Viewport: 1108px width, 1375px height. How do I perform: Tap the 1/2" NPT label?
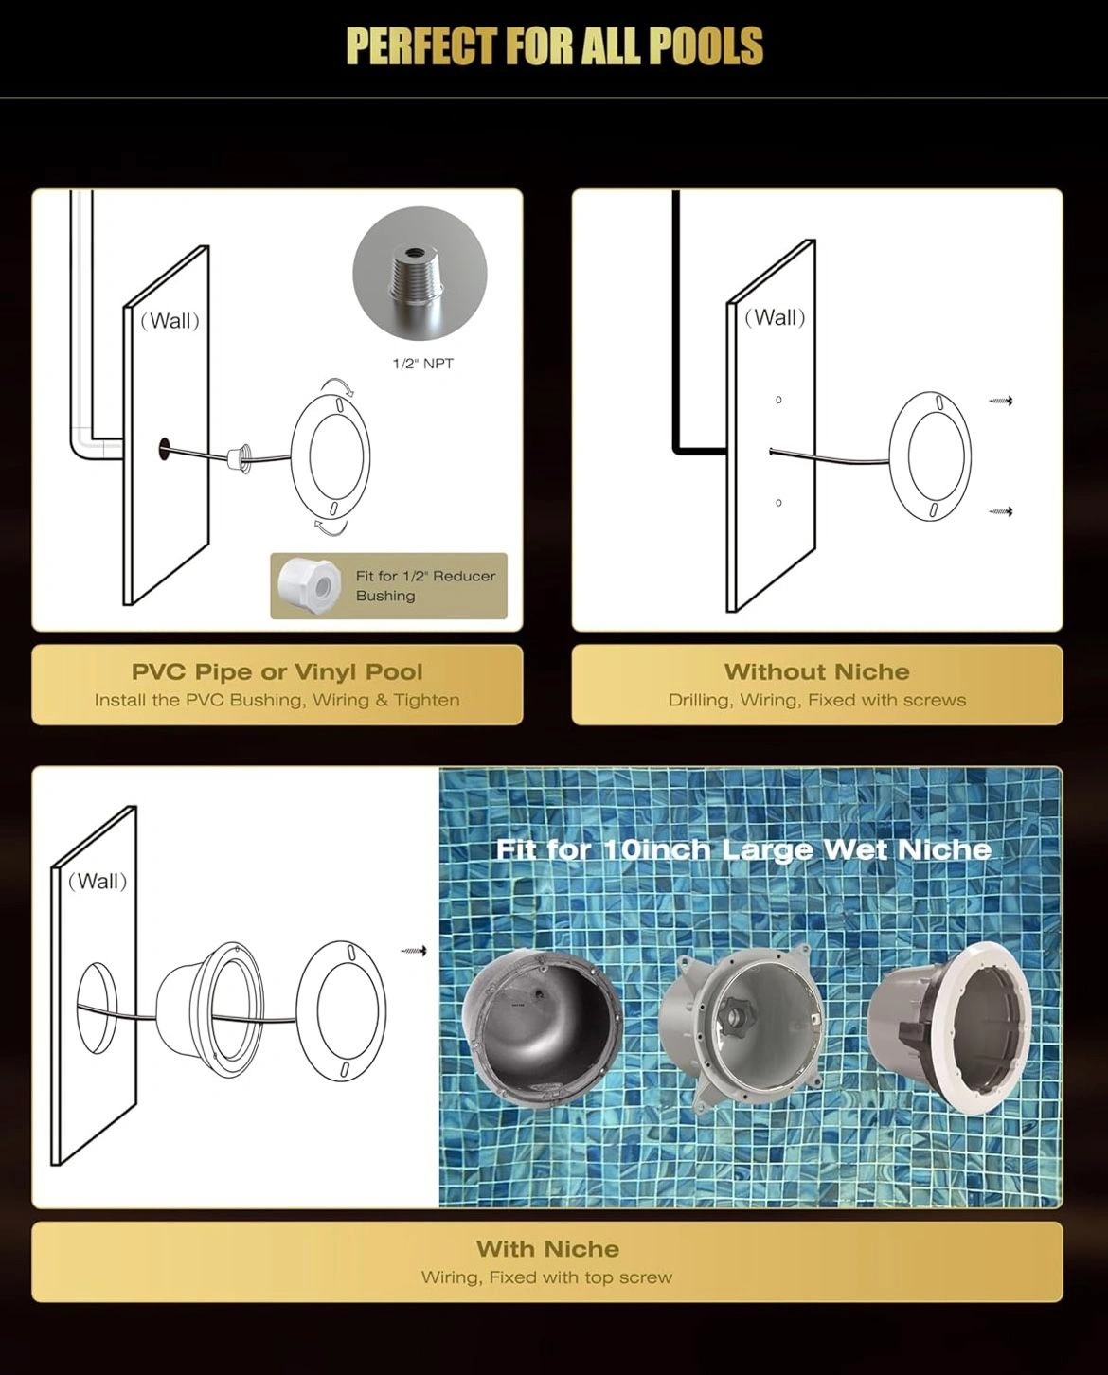pyautogui.click(x=423, y=364)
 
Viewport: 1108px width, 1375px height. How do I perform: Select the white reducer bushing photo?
pyautogui.click(x=310, y=585)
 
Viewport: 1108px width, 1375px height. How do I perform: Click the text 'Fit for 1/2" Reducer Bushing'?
pyautogui.click(x=425, y=586)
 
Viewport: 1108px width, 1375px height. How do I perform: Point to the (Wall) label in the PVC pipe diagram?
pyautogui.click(x=170, y=320)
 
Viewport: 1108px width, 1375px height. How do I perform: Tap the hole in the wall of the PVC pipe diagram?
pyautogui.click(x=163, y=448)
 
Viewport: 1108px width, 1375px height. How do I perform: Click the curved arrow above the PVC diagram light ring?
pyautogui.click(x=338, y=386)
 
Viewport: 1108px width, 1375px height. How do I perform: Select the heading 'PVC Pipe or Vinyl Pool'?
pyautogui.click(x=277, y=671)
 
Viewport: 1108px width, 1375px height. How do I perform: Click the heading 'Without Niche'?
pyautogui.click(x=816, y=671)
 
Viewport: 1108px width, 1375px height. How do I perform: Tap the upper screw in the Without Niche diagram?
pyautogui.click(x=1001, y=401)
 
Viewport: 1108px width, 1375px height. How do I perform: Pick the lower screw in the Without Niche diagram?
pyautogui.click(x=1001, y=511)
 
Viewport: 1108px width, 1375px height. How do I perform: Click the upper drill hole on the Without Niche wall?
pyautogui.click(x=778, y=400)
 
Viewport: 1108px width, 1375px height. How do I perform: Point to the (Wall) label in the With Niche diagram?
pyautogui.click(x=98, y=881)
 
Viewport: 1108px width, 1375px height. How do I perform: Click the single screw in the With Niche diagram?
pyautogui.click(x=414, y=951)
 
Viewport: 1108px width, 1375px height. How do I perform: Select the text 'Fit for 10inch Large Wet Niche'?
pyautogui.click(x=743, y=849)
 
